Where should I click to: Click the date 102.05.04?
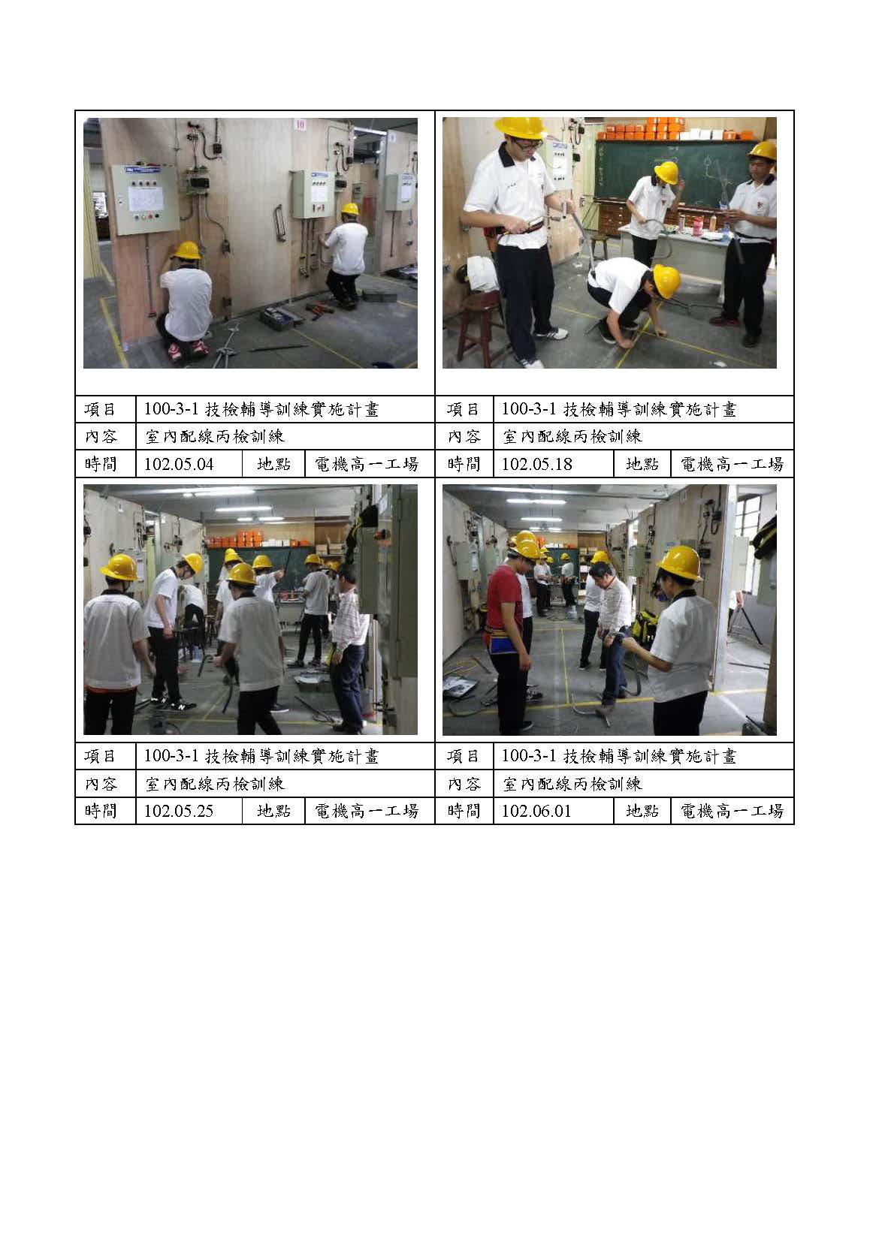(179, 464)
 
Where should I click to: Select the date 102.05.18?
(536, 464)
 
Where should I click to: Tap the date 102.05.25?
(179, 811)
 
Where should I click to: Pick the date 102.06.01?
(536, 811)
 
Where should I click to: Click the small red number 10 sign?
(300, 125)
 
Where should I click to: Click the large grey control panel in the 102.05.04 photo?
(146, 200)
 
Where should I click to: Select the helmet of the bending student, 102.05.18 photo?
(666, 282)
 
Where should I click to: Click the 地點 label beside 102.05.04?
(273, 464)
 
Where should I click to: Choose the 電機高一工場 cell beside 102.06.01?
(732, 811)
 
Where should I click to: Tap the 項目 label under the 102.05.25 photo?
(100, 756)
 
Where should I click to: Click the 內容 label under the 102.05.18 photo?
(464, 437)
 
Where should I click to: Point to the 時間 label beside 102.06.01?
(464, 811)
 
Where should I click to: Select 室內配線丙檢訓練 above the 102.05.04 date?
(215, 437)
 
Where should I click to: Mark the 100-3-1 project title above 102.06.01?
(619, 756)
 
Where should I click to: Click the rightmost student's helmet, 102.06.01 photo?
(680, 563)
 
